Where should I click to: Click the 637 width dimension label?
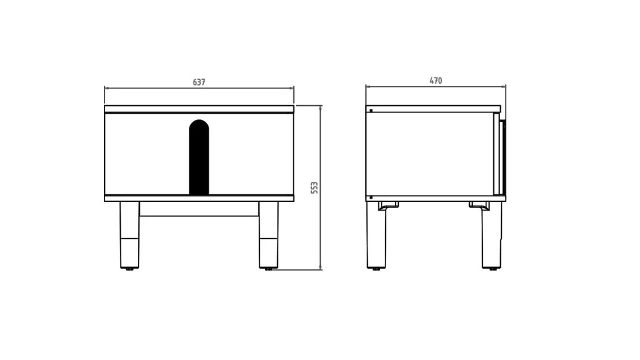pos(199,82)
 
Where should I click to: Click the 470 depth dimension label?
pos(435,80)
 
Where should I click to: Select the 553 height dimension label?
pos(314,187)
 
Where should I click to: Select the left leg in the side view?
pos(376,235)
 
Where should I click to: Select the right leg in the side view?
pos(491,235)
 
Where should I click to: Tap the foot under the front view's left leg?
pos(129,269)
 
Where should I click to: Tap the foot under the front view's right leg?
pos(268,269)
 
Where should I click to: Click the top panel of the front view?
pos(199,108)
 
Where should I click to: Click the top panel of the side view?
pos(433,108)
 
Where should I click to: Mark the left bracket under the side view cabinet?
pos(388,205)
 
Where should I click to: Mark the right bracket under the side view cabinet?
pos(479,205)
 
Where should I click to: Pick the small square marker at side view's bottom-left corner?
pos(370,197)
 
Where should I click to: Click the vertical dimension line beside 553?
pos(320,150)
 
